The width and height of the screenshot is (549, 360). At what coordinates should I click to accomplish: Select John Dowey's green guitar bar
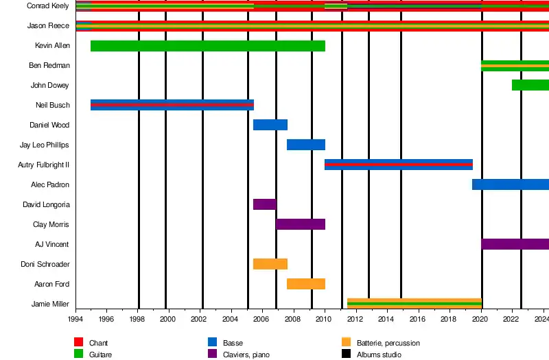coord(530,85)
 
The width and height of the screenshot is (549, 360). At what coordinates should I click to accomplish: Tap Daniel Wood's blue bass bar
coord(270,125)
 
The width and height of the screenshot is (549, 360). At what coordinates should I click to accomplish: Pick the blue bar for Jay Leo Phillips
coord(305,145)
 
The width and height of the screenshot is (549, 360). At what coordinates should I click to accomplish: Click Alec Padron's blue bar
coord(510,184)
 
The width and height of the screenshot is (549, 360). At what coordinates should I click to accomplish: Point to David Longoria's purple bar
coord(264,204)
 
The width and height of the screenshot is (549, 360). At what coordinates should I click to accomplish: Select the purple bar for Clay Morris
coord(301,224)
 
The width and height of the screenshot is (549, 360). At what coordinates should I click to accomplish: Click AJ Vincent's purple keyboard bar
coord(515,244)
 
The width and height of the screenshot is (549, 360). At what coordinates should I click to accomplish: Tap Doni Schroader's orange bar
coord(270,264)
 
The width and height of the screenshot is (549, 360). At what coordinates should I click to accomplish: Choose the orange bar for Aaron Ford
coord(305,284)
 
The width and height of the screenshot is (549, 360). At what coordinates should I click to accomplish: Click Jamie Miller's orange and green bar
coord(414,303)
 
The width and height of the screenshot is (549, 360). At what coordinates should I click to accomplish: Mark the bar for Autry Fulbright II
coord(398,165)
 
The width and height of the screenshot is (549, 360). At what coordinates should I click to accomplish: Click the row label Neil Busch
coord(52,105)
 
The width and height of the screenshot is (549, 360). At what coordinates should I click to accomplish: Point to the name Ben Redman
coord(49,66)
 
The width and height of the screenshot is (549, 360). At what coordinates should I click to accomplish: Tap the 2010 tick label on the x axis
coord(324,320)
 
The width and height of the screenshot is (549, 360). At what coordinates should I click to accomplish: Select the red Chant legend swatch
coord(78,343)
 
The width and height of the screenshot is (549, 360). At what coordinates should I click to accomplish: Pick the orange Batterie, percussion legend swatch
coord(346,343)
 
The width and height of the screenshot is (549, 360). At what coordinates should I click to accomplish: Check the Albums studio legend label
coord(379,355)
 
